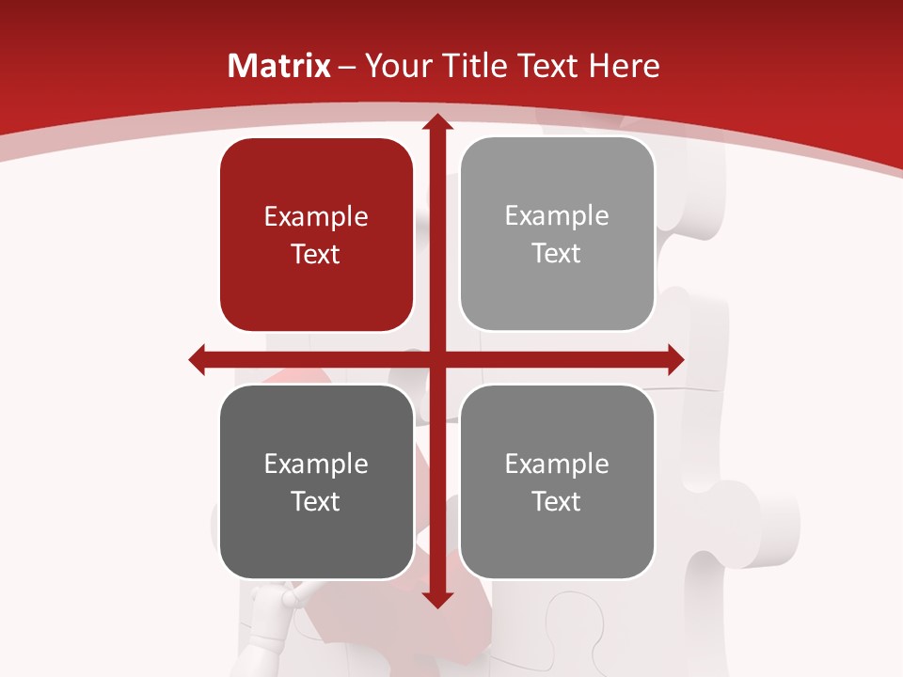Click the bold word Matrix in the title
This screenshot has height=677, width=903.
click(x=279, y=66)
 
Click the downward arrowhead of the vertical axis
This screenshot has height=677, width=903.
click(x=436, y=599)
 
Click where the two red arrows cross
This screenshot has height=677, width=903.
click(x=436, y=359)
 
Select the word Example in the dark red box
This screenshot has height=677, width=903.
click(x=316, y=217)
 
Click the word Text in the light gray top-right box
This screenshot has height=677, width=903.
click(x=557, y=254)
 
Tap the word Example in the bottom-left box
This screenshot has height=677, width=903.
click(x=316, y=464)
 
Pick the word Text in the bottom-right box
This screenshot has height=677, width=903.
click(x=557, y=501)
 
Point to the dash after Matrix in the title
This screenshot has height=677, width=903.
click(x=347, y=67)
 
